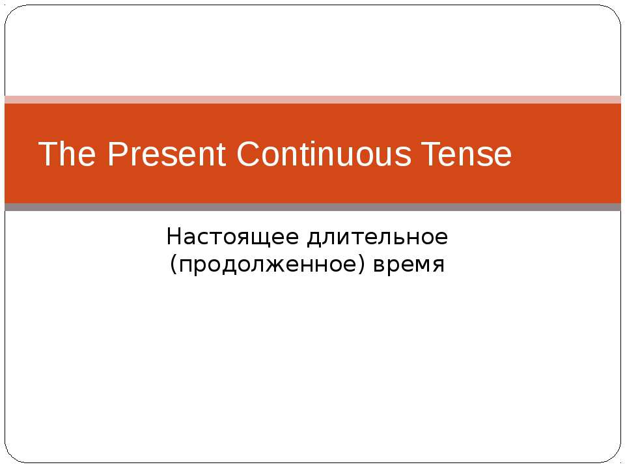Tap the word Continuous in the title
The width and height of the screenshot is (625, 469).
(x=324, y=155)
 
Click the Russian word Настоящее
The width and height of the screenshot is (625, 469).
(x=231, y=237)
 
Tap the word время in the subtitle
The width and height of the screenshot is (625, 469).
(x=409, y=265)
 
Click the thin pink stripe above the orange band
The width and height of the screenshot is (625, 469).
(x=312, y=100)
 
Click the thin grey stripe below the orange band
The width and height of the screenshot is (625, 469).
(x=312, y=207)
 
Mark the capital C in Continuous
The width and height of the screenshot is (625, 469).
(x=248, y=155)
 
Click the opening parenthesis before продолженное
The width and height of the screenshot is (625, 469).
(x=173, y=265)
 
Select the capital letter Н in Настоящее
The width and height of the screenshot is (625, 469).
(x=173, y=237)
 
